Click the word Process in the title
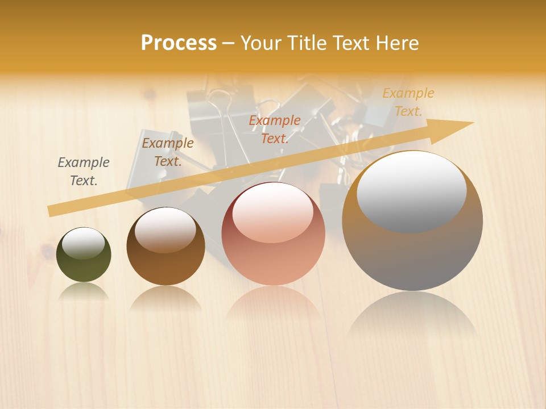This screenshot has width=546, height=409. [x=179, y=43]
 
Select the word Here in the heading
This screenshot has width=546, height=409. [x=398, y=43]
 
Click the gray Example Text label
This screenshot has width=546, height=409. [x=84, y=172]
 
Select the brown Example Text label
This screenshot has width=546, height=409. [x=168, y=152]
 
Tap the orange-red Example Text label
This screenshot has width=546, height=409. [x=275, y=130]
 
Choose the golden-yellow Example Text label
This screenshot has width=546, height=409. [x=408, y=102]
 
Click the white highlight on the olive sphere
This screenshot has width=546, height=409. [x=84, y=243]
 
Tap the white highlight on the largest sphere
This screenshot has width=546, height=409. [x=412, y=191]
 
